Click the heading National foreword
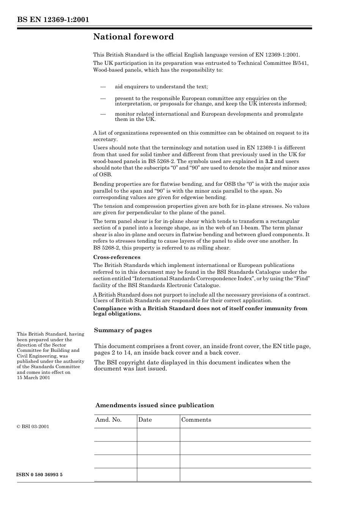(x=133, y=37)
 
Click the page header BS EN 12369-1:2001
(x=53, y=19)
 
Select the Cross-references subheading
(x=117, y=257)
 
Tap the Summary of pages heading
(x=123, y=330)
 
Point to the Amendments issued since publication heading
(x=155, y=405)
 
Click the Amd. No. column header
(x=108, y=420)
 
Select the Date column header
(x=145, y=420)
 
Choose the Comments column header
(x=196, y=420)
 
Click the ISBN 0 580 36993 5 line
(x=40, y=475)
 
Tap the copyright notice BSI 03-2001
(x=33, y=426)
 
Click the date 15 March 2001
(x=33, y=378)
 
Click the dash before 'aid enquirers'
(x=102, y=86)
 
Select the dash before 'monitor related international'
(x=102, y=114)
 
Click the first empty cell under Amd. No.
(x=115, y=435)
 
